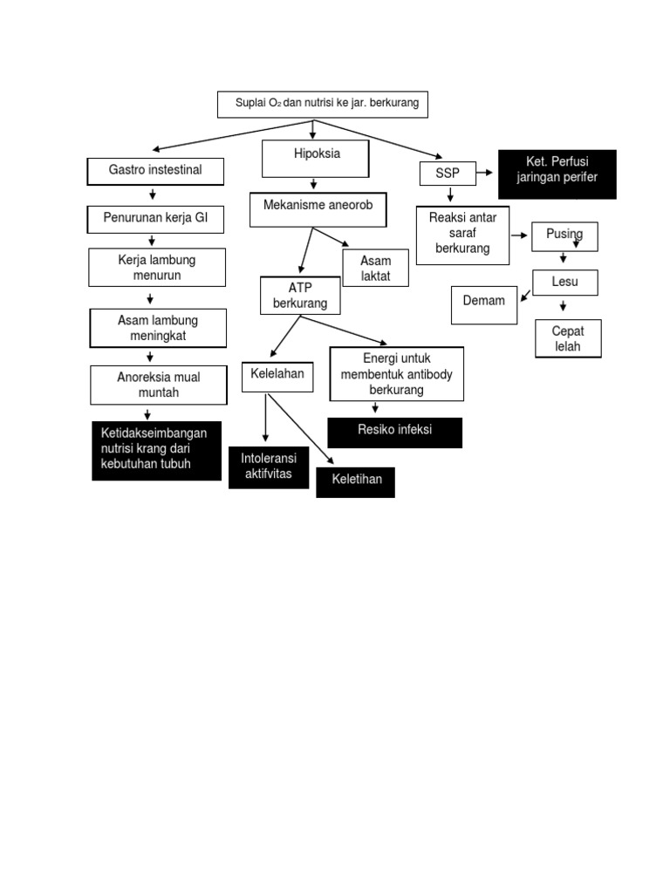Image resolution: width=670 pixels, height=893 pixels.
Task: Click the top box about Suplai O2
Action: point(323,104)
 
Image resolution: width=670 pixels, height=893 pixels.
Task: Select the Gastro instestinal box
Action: point(155,171)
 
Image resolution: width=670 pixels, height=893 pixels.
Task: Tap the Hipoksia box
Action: point(316,158)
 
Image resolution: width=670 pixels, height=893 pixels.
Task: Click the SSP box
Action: point(447,174)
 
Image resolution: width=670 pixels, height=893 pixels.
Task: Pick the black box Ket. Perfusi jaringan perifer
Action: point(557,174)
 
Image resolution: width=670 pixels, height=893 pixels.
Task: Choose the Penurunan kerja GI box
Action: point(155,220)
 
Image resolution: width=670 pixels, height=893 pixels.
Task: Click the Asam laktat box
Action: point(376,269)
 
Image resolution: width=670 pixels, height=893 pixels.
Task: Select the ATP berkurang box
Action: point(300,296)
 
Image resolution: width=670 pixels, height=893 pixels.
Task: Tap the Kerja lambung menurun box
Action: point(156,268)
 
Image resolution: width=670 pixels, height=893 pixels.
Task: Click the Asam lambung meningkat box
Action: point(158,329)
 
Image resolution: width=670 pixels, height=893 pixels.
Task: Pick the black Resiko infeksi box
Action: point(394,432)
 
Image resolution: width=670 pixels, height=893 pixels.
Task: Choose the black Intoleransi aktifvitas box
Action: point(268,467)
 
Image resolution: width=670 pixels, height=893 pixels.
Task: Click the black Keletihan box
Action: point(355,481)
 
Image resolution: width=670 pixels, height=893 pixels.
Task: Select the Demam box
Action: point(484,303)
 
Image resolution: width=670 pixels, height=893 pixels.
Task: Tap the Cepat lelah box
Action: point(568,339)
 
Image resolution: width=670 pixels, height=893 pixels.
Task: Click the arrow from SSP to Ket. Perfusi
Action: point(486,174)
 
